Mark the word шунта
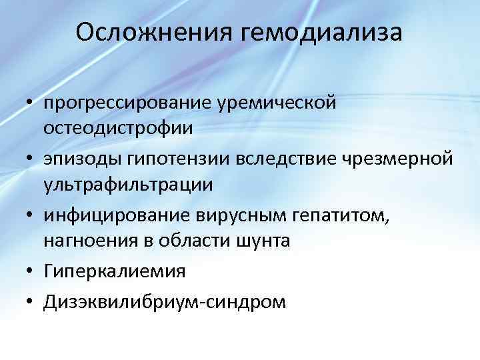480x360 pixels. click(x=261, y=240)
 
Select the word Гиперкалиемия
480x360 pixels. click(x=114, y=271)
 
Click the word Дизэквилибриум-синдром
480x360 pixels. click(x=165, y=301)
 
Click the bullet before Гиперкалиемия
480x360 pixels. click(x=31, y=271)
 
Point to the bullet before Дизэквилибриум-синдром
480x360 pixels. click(x=31, y=302)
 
